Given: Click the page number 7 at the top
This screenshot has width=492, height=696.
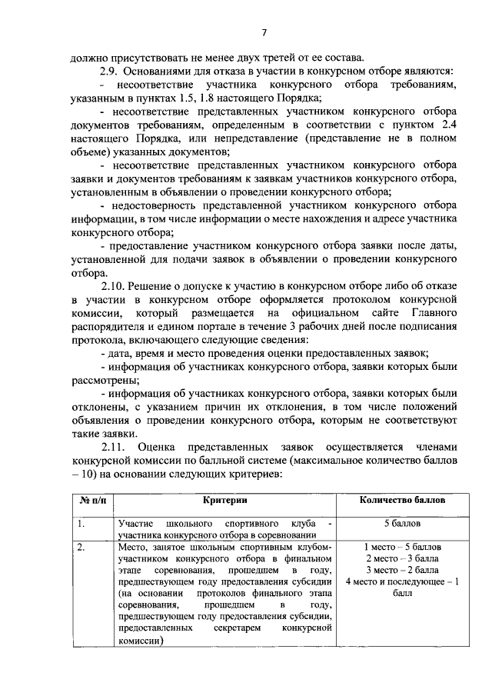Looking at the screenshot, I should (x=264, y=33).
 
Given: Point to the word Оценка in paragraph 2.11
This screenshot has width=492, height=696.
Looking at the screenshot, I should (x=161, y=447).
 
